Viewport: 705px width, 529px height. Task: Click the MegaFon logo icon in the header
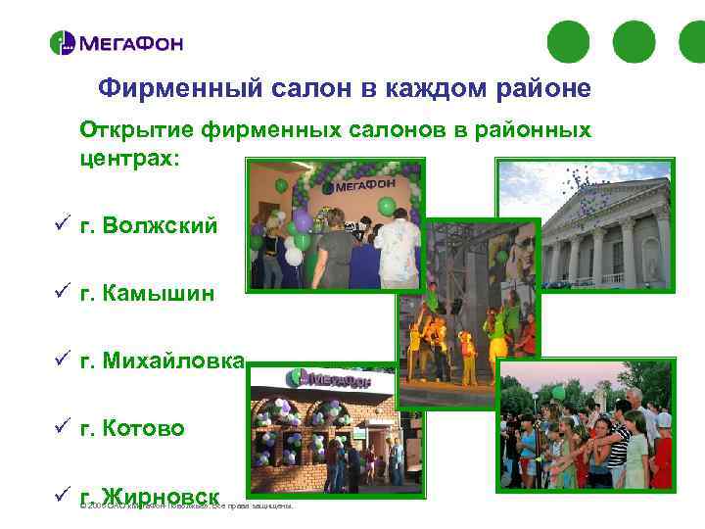62,43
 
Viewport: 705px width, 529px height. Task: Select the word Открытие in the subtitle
137,130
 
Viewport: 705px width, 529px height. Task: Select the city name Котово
142,428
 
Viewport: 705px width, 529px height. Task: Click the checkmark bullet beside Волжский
61,226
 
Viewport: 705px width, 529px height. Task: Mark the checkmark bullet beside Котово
61,428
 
